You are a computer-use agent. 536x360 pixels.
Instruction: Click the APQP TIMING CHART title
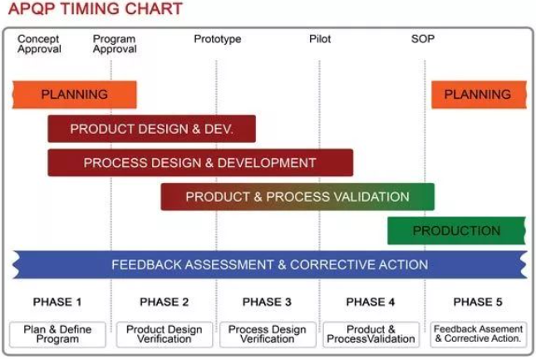click(x=96, y=8)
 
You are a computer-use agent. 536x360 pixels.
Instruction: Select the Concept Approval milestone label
click(x=39, y=44)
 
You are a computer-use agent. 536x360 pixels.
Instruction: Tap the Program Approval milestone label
click(x=115, y=44)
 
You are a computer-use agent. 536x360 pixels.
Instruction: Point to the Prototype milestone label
click(x=218, y=39)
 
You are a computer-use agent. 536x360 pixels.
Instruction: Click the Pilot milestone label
click(x=320, y=39)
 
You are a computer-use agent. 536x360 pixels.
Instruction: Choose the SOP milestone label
click(x=423, y=39)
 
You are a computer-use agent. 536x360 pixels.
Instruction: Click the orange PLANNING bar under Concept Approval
click(x=75, y=95)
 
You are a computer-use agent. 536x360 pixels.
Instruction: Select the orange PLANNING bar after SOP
click(x=479, y=95)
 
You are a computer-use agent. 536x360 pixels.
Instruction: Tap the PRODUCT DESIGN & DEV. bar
click(x=152, y=129)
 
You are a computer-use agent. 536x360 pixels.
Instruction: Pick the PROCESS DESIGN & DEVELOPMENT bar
click(x=200, y=163)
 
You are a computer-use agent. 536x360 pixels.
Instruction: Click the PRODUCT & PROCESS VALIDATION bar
click(x=298, y=197)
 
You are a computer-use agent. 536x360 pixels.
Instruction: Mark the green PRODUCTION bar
click(x=456, y=231)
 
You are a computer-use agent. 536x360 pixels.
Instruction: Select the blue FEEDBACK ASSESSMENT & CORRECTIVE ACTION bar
click(x=270, y=264)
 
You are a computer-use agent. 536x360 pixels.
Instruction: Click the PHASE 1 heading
click(x=57, y=302)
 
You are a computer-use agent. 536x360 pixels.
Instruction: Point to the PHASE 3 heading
click(x=267, y=302)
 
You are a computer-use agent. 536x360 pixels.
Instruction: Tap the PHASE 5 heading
click(x=478, y=302)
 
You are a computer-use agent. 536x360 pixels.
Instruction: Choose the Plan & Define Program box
click(x=57, y=334)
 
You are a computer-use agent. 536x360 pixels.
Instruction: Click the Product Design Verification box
click(x=164, y=334)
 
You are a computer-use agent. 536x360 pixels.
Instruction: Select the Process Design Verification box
click(x=268, y=334)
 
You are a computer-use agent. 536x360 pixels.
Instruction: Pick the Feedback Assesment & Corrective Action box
click(x=479, y=334)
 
